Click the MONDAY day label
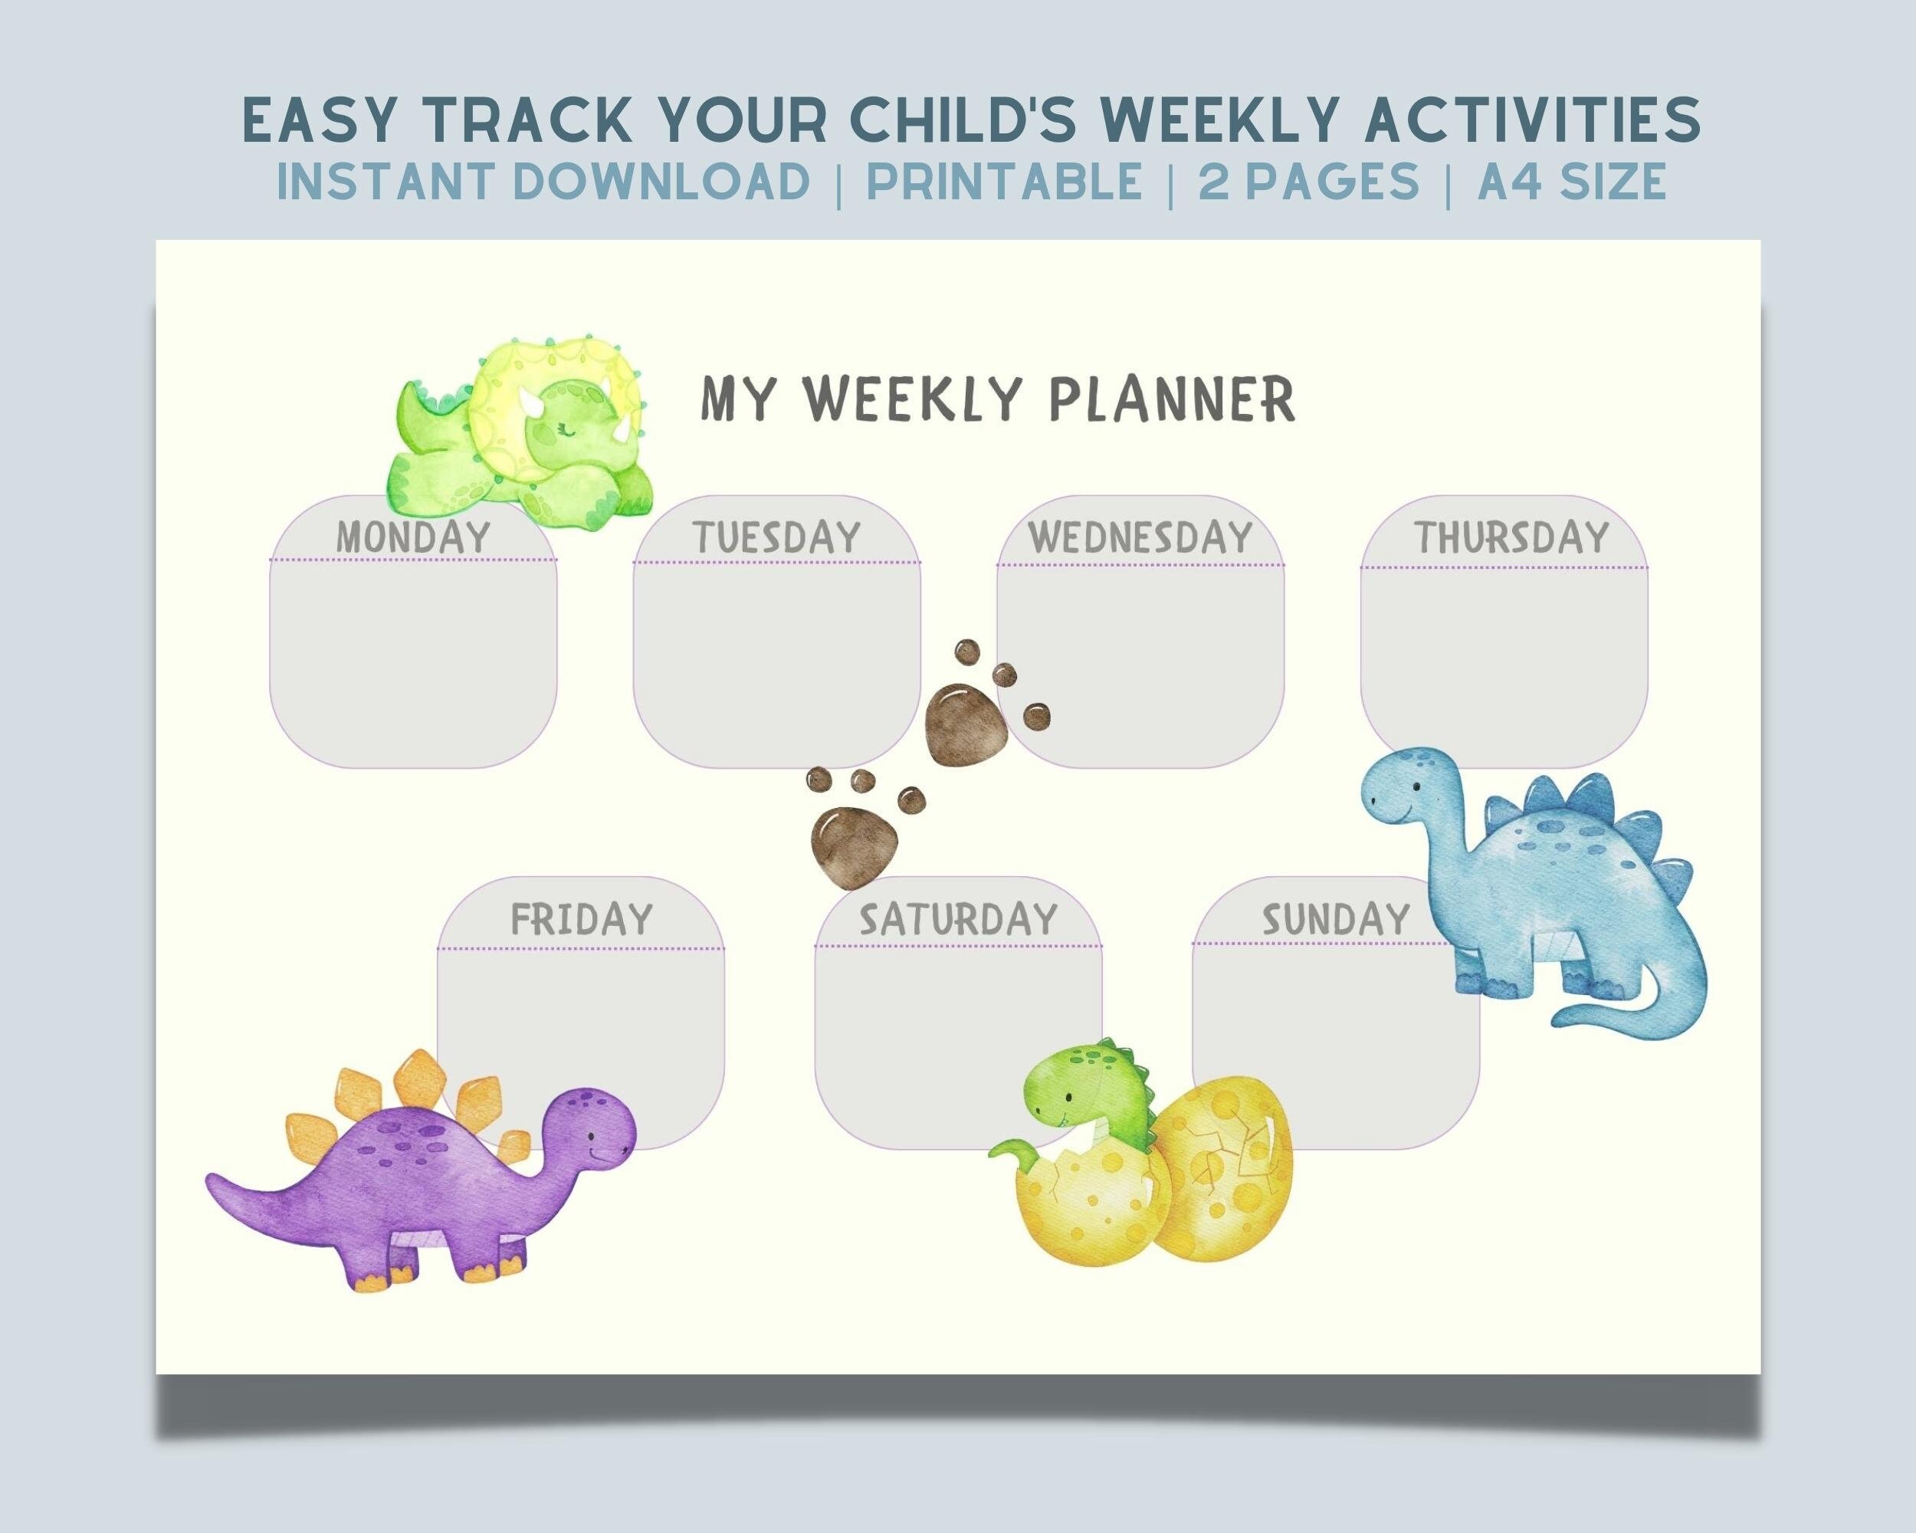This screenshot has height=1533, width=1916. tap(413, 537)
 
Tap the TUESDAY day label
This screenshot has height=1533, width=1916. tap(776, 537)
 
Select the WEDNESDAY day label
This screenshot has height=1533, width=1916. tap(1140, 537)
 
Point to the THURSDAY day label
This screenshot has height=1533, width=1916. tap(1511, 537)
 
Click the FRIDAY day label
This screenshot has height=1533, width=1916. tap(581, 919)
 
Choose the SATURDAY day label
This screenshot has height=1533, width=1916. tap(958, 919)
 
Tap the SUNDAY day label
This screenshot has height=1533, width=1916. tap(1336, 919)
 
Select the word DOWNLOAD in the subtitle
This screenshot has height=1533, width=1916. tap(661, 182)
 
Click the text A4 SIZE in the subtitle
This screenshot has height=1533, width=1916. tap(1571, 182)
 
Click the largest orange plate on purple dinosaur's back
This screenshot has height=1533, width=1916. tap(418, 1080)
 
